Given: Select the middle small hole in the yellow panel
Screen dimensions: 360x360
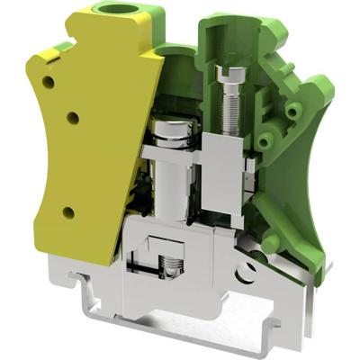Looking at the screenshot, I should [x=73, y=117].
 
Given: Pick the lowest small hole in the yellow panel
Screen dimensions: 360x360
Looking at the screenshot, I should [x=68, y=212].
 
